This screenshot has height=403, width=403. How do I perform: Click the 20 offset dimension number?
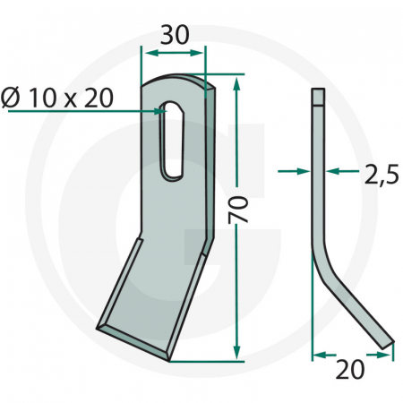point(352,369)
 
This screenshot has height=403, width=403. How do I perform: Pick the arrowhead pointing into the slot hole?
point(161,110)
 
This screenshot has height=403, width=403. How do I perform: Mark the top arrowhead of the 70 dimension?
point(236,83)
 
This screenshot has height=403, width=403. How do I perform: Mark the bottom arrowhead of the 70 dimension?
point(236,354)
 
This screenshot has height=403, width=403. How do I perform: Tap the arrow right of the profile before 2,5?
point(334,168)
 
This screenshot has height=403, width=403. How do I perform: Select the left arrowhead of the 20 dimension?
point(317,355)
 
